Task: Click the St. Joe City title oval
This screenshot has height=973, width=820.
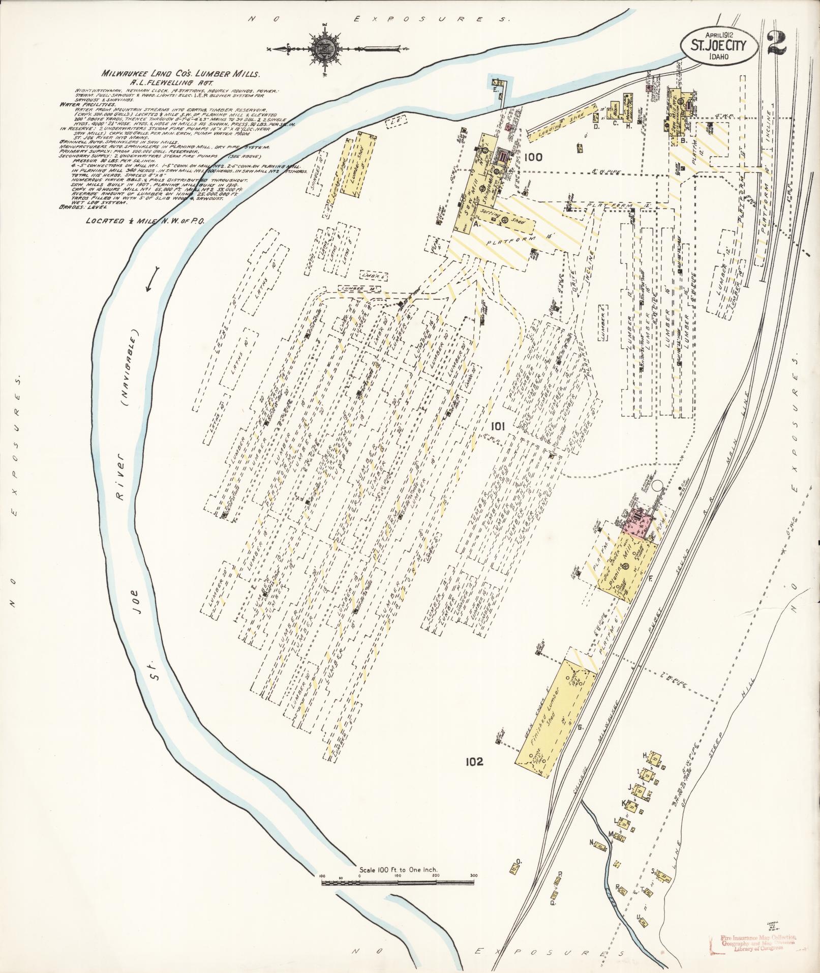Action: (x=718, y=45)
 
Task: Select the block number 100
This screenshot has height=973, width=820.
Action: (x=534, y=157)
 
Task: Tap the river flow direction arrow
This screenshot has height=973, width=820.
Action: (x=152, y=286)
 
